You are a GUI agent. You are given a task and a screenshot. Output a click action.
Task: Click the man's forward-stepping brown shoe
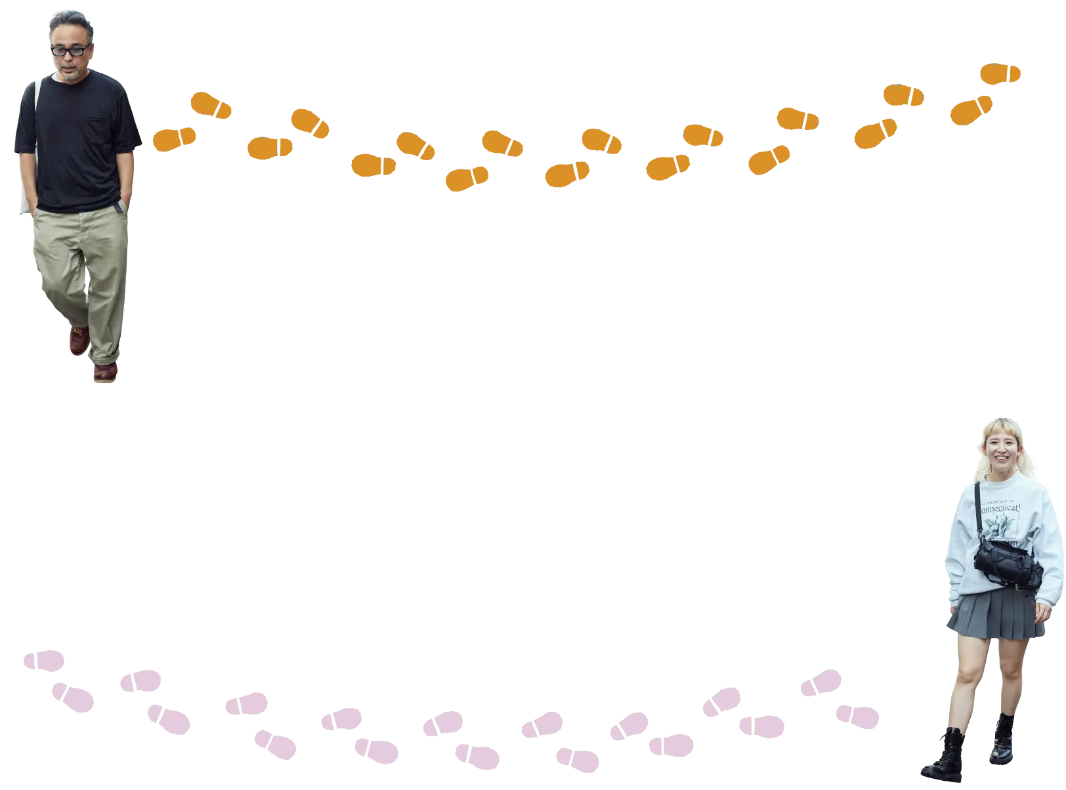pos(105,371)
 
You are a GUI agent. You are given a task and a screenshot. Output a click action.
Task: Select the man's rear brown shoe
pos(79,339)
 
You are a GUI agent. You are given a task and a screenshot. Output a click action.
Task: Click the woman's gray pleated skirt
pos(996,617)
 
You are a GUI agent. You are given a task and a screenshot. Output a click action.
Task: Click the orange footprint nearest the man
pos(175,139)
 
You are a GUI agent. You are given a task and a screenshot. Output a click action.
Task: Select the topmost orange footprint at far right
pos(1000,74)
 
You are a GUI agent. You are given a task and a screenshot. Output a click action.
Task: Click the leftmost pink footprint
pos(44,659)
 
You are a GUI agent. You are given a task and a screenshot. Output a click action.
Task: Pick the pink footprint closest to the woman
pos(857,715)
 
